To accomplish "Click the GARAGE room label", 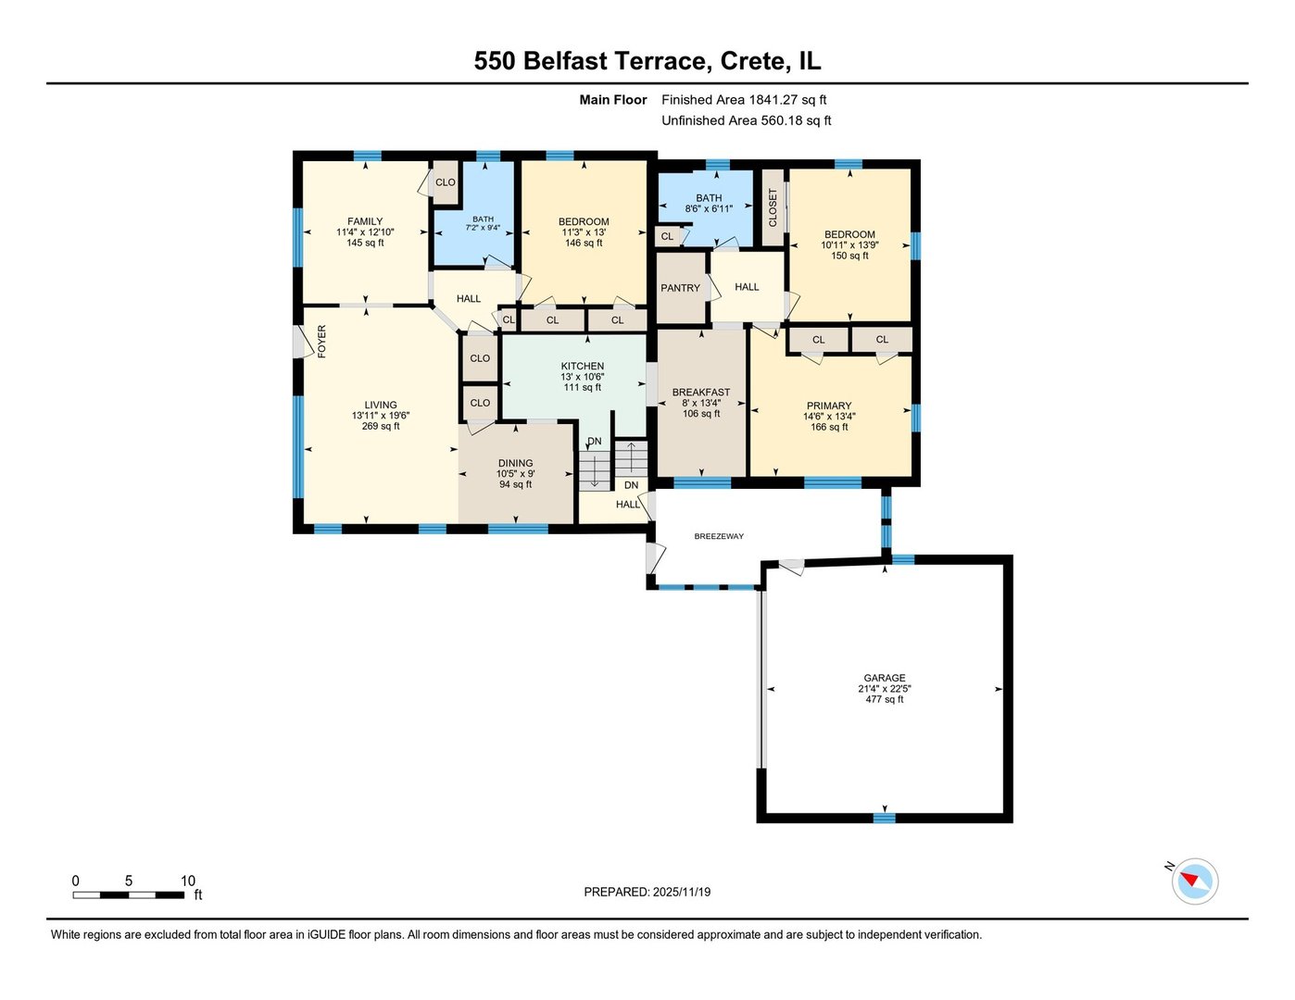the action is coord(885,678).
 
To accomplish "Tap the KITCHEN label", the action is coord(583,367).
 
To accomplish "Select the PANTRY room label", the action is coord(680,288).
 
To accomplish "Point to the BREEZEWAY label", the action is coord(719,536).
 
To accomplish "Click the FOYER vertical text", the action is coord(321,342).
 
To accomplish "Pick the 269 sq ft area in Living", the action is coord(381,427).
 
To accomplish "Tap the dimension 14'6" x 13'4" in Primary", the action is coord(829,417).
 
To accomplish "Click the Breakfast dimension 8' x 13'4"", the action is coord(701,403).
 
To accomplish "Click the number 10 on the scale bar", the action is coord(188,881).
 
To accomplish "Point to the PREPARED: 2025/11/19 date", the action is coord(647,893).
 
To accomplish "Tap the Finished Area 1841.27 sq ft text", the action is coord(744,100).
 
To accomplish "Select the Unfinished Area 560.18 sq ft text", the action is coord(746,120).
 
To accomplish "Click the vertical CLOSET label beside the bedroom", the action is coord(773,207).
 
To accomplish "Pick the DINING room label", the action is coord(515,463).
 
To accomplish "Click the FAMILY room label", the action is coord(365,221).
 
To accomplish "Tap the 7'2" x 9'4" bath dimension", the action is coord(483,228).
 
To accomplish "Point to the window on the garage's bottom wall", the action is coord(885,818).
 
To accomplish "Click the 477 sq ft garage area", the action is coord(885,699).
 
